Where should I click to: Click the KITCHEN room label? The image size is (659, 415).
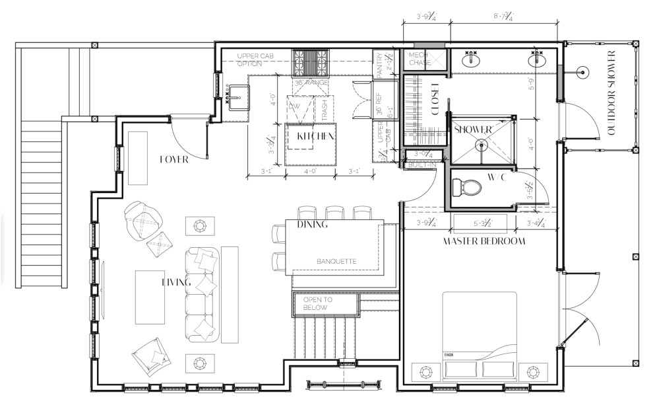[314, 136]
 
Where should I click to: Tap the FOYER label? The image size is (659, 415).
[174, 159]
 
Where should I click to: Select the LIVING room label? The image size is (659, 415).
[177, 282]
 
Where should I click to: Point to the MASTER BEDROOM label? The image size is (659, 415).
[484, 241]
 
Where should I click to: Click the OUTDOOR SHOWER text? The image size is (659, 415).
[611, 93]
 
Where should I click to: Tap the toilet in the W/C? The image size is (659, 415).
[469, 188]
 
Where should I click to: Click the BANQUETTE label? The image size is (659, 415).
[336, 261]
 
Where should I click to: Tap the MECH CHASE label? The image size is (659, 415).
[420, 59]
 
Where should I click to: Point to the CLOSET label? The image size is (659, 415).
[435, 99]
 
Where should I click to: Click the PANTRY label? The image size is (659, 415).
[380, 65]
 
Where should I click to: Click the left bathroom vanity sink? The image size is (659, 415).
[471, 59]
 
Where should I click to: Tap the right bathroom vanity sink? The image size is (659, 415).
[538, 59]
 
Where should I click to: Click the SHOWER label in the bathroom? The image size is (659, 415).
[473, 130]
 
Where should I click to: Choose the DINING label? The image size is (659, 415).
[312, 225]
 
